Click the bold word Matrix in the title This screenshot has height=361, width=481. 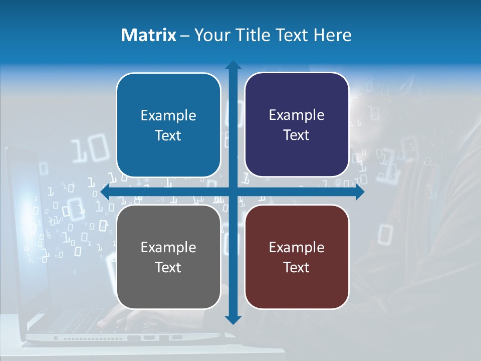point(149,35)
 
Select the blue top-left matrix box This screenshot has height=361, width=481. point(168,125)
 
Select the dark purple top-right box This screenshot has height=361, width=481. point(297,125)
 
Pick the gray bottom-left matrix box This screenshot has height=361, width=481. point(168,257)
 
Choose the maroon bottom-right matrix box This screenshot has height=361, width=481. point(297,257)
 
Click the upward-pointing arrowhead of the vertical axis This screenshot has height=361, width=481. point(233,65)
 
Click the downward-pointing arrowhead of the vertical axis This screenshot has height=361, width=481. point(233,319)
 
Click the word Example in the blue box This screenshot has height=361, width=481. point(168,116)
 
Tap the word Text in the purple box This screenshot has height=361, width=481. point(297,135)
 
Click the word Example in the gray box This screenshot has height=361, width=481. point(168,247)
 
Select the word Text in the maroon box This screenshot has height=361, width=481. point(297,267)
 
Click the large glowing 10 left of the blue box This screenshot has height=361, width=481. point(89,149)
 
